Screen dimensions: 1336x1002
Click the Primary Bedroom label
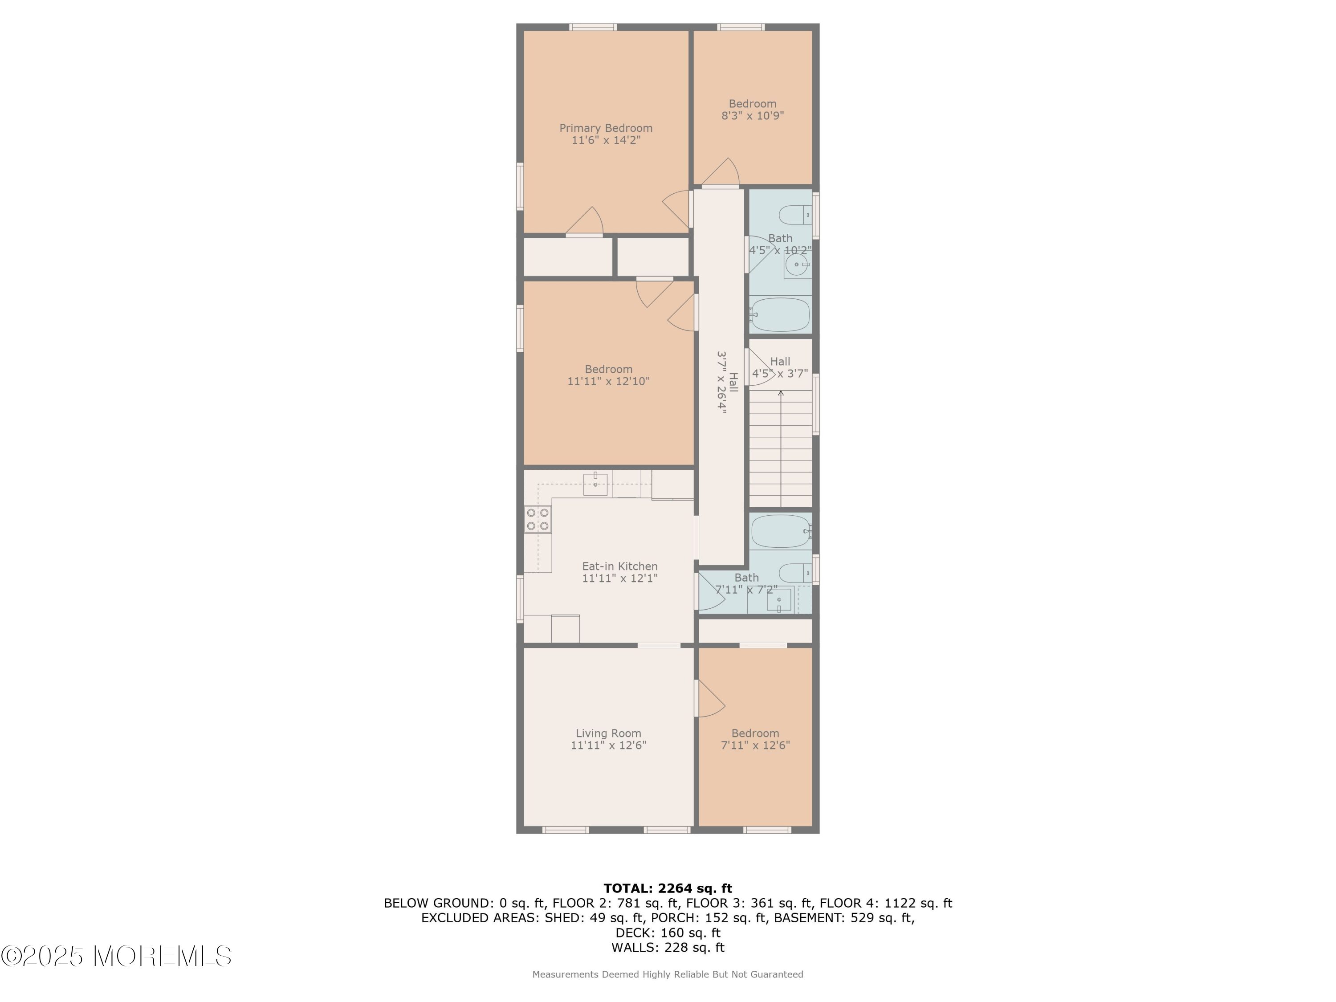(x=606, y=128)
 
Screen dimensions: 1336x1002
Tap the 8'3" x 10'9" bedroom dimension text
(x=753, y=115)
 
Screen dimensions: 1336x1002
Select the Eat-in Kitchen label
(x=620, y=566)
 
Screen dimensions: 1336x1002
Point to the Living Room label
(x=608, y=733)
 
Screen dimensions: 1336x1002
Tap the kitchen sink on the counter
(x=595, y=483)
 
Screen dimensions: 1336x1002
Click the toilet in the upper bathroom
(x=795, y=215)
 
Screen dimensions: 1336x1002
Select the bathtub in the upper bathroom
(x=780, y=314)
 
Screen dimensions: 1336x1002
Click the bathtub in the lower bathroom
(x=780, y=531)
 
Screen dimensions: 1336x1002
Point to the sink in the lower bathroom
(x=779, y=600)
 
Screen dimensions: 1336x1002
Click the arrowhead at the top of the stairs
(x=781, y=393)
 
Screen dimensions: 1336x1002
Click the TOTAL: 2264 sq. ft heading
(x=668, y=888)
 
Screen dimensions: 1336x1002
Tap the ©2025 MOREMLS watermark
(x=116, y=956)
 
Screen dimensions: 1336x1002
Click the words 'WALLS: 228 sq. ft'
(x=668, y=947)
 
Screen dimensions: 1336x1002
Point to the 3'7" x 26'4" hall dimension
(x=721, y=382)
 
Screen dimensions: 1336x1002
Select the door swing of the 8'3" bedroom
(x=721, y=172)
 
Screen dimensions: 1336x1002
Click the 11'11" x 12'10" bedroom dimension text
(x=608, y=381)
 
